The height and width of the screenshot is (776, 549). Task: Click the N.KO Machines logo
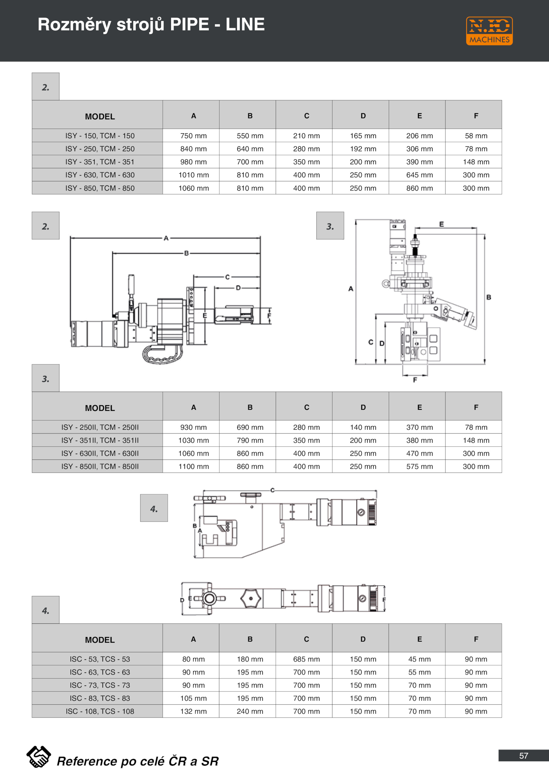[489, 31]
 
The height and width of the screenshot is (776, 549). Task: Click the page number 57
[523, 756]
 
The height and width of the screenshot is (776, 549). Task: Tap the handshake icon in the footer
[38, 757]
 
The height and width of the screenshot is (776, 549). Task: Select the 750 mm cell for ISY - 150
[194, 136]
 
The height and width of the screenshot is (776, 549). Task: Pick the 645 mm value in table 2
[419, 175]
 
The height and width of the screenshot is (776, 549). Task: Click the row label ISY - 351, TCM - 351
[100, 162]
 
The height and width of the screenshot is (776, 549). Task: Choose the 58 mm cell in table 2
[476, 136]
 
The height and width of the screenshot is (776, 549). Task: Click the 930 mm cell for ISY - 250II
[194, 427]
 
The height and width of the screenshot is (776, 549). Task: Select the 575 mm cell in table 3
[419, 466]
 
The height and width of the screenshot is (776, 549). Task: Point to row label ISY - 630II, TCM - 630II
[100, 453]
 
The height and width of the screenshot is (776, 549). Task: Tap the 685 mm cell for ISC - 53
[306, 659]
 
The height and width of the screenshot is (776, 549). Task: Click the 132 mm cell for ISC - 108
[194, 711]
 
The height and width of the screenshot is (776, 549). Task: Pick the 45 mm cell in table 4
[419, 659]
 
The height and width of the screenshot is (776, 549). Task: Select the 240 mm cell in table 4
[250, 711]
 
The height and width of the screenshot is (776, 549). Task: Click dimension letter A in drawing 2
[166, 238]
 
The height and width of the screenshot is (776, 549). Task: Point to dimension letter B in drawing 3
[489, 297]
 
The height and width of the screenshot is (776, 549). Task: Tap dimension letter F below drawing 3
[415, 380]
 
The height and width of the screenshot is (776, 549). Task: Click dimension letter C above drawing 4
[272, 490]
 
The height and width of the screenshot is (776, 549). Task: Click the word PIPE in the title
[189, 25]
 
